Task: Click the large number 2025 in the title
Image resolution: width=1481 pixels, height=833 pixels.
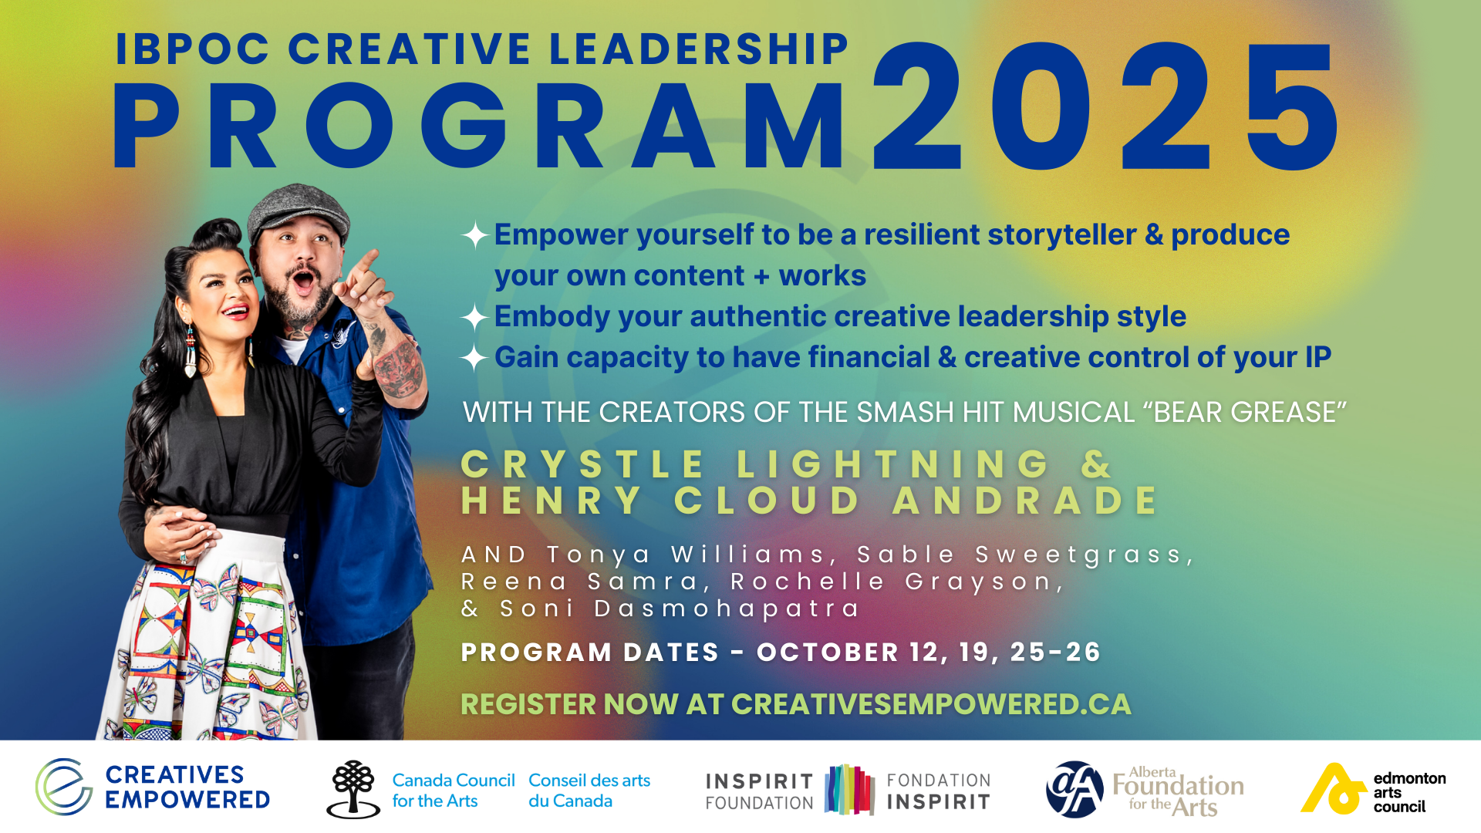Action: click(1105, 106)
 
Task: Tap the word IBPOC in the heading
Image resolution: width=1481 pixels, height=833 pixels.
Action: click(193, 49)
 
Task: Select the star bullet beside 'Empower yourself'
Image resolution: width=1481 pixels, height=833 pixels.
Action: click(475, 235)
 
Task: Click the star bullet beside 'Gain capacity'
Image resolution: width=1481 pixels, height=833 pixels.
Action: click(474, 358)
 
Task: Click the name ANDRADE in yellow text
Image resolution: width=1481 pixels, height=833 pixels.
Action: click(1025, 501)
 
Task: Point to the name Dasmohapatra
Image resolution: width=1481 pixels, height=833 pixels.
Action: click(726, 609)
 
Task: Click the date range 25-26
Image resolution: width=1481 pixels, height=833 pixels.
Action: click(1054, 653)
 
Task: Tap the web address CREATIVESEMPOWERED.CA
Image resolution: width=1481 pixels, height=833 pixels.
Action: click(931, 704)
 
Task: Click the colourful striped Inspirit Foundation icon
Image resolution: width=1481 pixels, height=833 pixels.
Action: click(849, 790)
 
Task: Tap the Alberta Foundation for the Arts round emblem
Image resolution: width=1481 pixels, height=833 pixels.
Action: click(1074, 789)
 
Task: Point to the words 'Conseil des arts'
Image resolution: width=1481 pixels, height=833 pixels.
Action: click(589, 781)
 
